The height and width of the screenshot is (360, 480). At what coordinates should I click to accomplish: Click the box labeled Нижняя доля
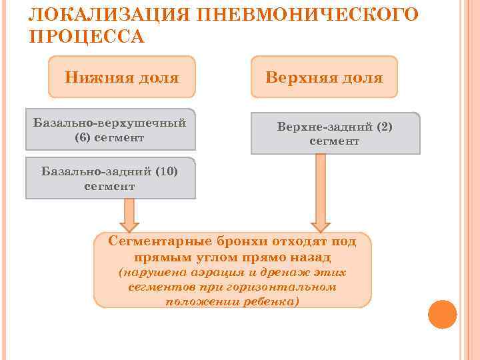point(122,78)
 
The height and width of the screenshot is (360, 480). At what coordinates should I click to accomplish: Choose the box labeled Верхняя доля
point(324,78)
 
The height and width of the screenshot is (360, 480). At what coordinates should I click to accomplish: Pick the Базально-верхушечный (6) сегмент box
point(110,129)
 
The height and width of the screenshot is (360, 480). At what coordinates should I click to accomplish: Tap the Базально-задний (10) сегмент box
point(110,178)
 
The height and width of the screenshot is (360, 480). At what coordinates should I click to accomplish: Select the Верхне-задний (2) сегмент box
point(335,133)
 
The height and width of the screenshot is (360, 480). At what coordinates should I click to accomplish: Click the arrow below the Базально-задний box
point(129,215)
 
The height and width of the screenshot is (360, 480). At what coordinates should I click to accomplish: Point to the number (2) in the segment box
point(383,126)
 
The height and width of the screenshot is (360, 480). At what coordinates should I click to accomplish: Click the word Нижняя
point(91,78)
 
